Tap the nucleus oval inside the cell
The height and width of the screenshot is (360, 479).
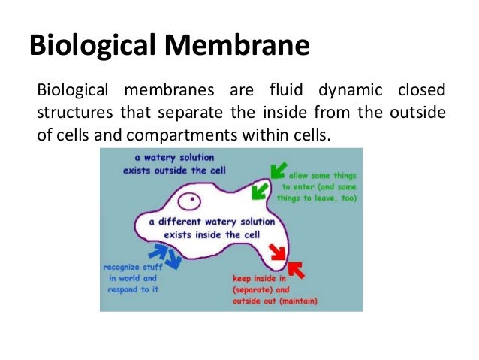click(x=192, y=201)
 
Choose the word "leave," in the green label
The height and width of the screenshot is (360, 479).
click(x=325, y=198)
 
